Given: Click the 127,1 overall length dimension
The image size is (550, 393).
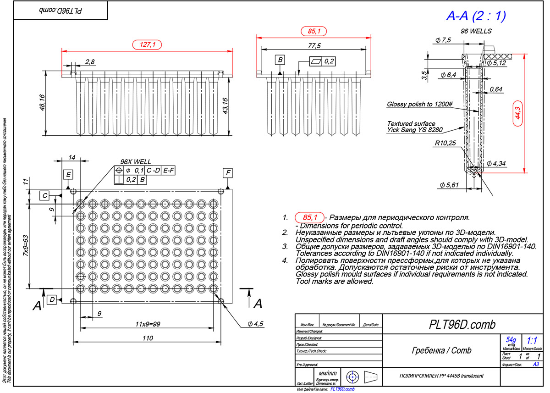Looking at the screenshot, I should tap(147, 44).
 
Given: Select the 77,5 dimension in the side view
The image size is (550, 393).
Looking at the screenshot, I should tap(314, 46).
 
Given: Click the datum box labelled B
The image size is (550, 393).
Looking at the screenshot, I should tap(280, 60).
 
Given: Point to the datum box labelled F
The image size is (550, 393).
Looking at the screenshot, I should tap(228, 173).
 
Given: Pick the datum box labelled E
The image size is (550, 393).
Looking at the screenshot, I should tap(68, 174).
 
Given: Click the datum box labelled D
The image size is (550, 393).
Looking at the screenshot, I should tap(53, 299).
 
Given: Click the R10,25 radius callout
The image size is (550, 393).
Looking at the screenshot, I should tap(445, 143).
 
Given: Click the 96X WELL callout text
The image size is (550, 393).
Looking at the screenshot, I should tap(135, 162).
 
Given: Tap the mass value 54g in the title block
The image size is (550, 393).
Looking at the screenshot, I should tap(511, 340).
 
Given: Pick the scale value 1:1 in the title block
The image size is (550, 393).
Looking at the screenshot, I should tap(532, 341).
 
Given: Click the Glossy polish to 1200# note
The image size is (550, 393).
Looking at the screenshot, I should tap(419, 104).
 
